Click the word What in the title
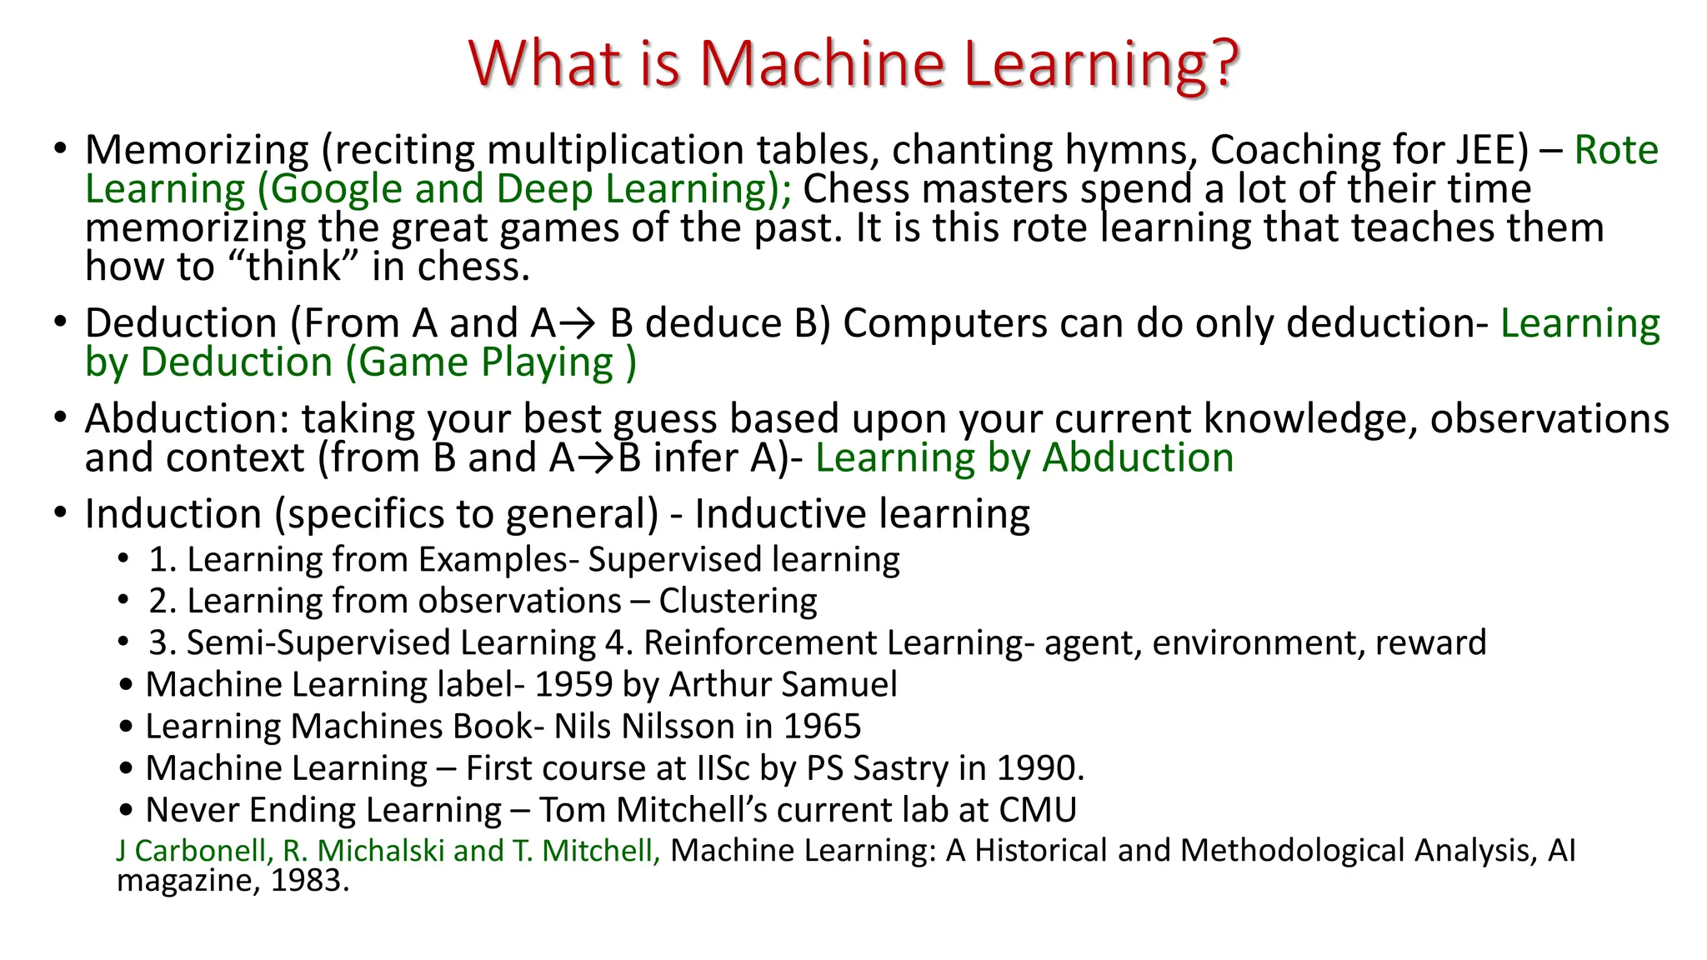(545, 63)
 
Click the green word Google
(337, 189)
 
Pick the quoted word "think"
(293, 267)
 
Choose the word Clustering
(738, 601)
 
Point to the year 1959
(573, 684)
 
